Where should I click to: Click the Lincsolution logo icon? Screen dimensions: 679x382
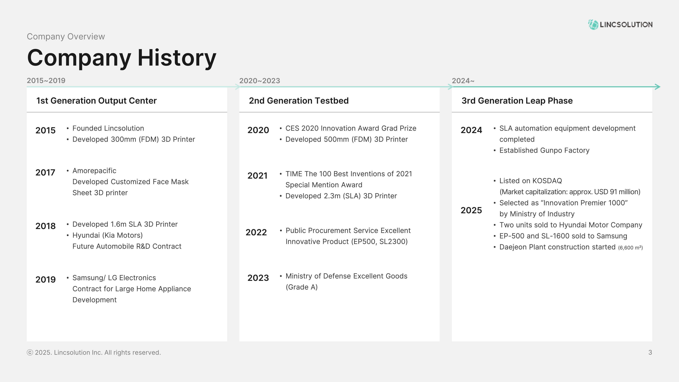pos(593,24)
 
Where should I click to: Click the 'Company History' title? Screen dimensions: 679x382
pos(122,58)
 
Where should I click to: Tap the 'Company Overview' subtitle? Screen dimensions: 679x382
pos(66,36)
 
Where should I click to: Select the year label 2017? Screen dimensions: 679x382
pos(45,172)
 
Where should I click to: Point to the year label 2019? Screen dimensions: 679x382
pos(46,279)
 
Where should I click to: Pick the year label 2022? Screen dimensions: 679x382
pos(256,232)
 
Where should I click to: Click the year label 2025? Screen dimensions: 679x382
pos(471,210)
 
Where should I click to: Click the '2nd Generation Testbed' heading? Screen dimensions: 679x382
pos(299,101)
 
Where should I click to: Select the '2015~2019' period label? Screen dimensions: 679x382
pos(46,80)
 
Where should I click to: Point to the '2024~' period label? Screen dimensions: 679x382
pos(463,81)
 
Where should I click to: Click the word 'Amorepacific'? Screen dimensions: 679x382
pos(94,171)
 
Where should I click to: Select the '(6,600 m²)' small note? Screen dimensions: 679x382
pos(630,248)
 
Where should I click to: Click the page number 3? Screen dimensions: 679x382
pos(650,352)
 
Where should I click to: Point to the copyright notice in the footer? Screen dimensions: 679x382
pos(94,352)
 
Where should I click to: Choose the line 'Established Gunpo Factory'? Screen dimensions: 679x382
pos(544,150)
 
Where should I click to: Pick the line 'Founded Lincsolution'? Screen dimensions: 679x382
pos(108,128)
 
